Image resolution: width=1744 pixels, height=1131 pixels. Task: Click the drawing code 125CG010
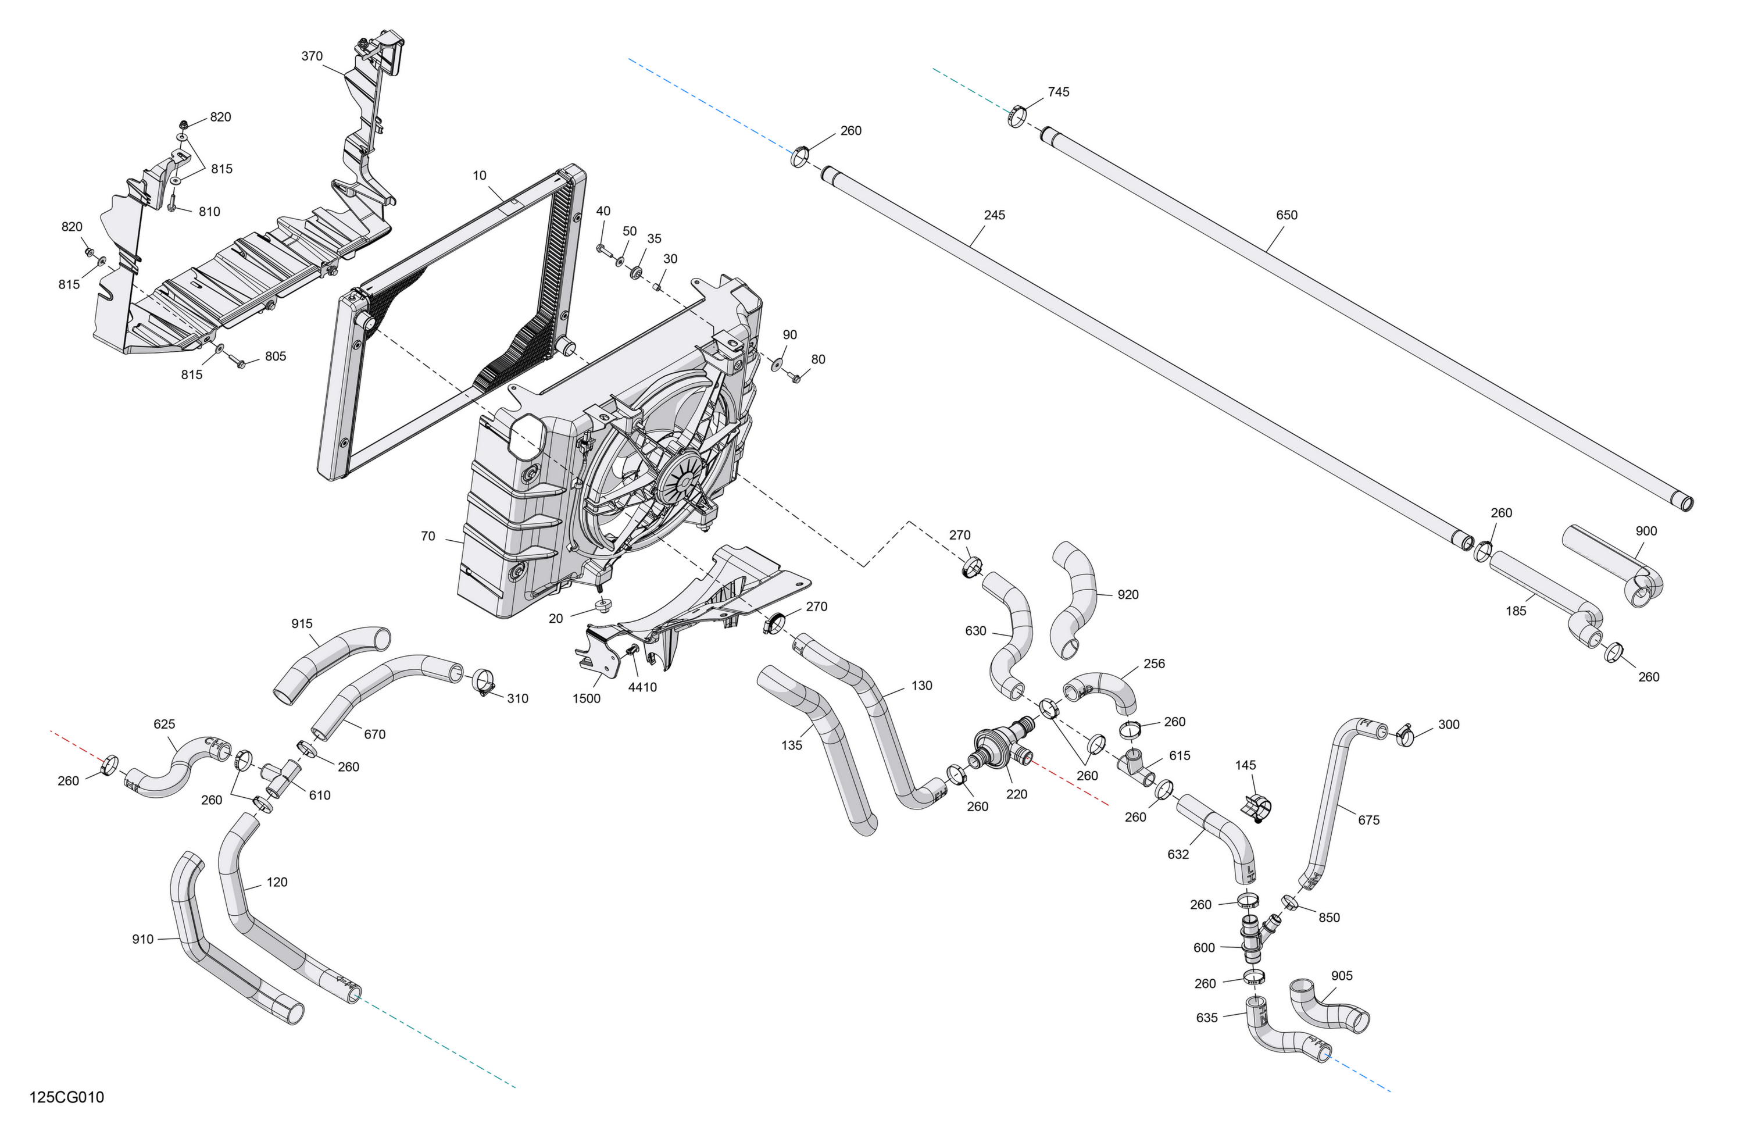(x=67, y=1097)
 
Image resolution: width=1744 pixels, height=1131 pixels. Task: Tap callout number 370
(x=312, y=56)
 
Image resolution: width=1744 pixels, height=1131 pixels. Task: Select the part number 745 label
(x=1058, y=92)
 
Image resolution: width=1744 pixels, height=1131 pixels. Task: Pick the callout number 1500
(x=586, y=698)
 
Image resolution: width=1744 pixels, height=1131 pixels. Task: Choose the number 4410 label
(x=642, y=687)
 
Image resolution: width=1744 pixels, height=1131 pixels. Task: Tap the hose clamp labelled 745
(x=1016, y=116)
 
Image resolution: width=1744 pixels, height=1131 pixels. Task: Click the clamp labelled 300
(x=1404, y=734)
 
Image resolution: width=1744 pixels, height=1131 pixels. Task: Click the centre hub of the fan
(x=683, y=477)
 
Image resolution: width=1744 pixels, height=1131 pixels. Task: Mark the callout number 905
(x=1342, y=976)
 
